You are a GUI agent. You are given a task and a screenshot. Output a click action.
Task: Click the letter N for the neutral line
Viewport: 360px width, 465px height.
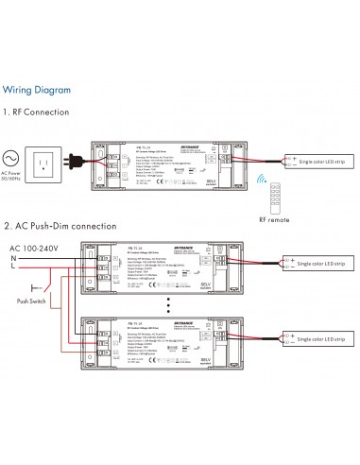(12, 232)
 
